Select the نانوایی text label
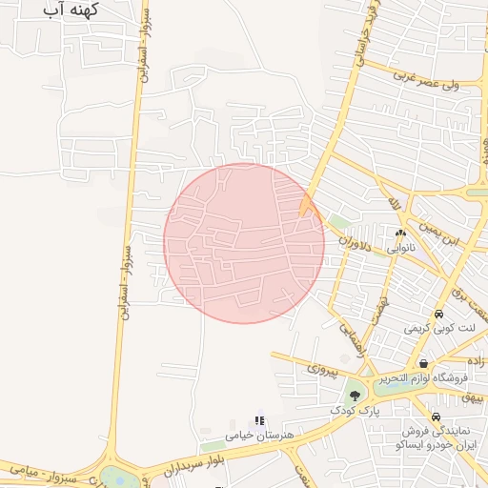399,247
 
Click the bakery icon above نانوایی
400,233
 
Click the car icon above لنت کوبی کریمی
437,314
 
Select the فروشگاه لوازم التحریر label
422,378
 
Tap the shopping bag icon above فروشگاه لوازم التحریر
422,363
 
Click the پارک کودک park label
355,410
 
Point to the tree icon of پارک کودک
355,395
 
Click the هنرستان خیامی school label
256,435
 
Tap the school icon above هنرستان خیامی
257,420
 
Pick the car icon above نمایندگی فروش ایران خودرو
436,417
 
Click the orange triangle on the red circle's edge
307,205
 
